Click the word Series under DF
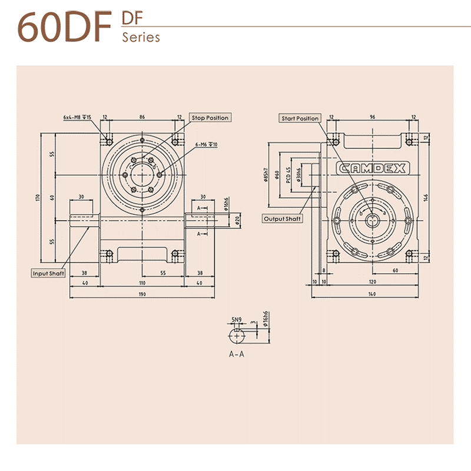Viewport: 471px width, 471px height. coord(141,37)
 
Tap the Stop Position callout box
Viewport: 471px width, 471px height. coord(210,118)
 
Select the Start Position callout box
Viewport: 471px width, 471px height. coord(300,118)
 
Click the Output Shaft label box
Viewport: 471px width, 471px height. coord(283,218)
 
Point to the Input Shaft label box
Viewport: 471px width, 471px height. coord(49,274)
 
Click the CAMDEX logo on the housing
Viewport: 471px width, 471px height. coord(372,168)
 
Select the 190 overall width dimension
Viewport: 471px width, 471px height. coord(142,293)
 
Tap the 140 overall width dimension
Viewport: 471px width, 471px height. coord(372,293)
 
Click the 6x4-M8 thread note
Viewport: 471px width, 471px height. coord(77,118)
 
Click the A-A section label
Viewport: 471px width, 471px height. coord(237,354)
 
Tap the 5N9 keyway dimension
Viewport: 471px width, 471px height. coord(237,320)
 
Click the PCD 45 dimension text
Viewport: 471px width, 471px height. coord(289,175)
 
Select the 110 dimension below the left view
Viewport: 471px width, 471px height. coord(142,283)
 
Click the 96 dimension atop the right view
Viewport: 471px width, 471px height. coord(372,118)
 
